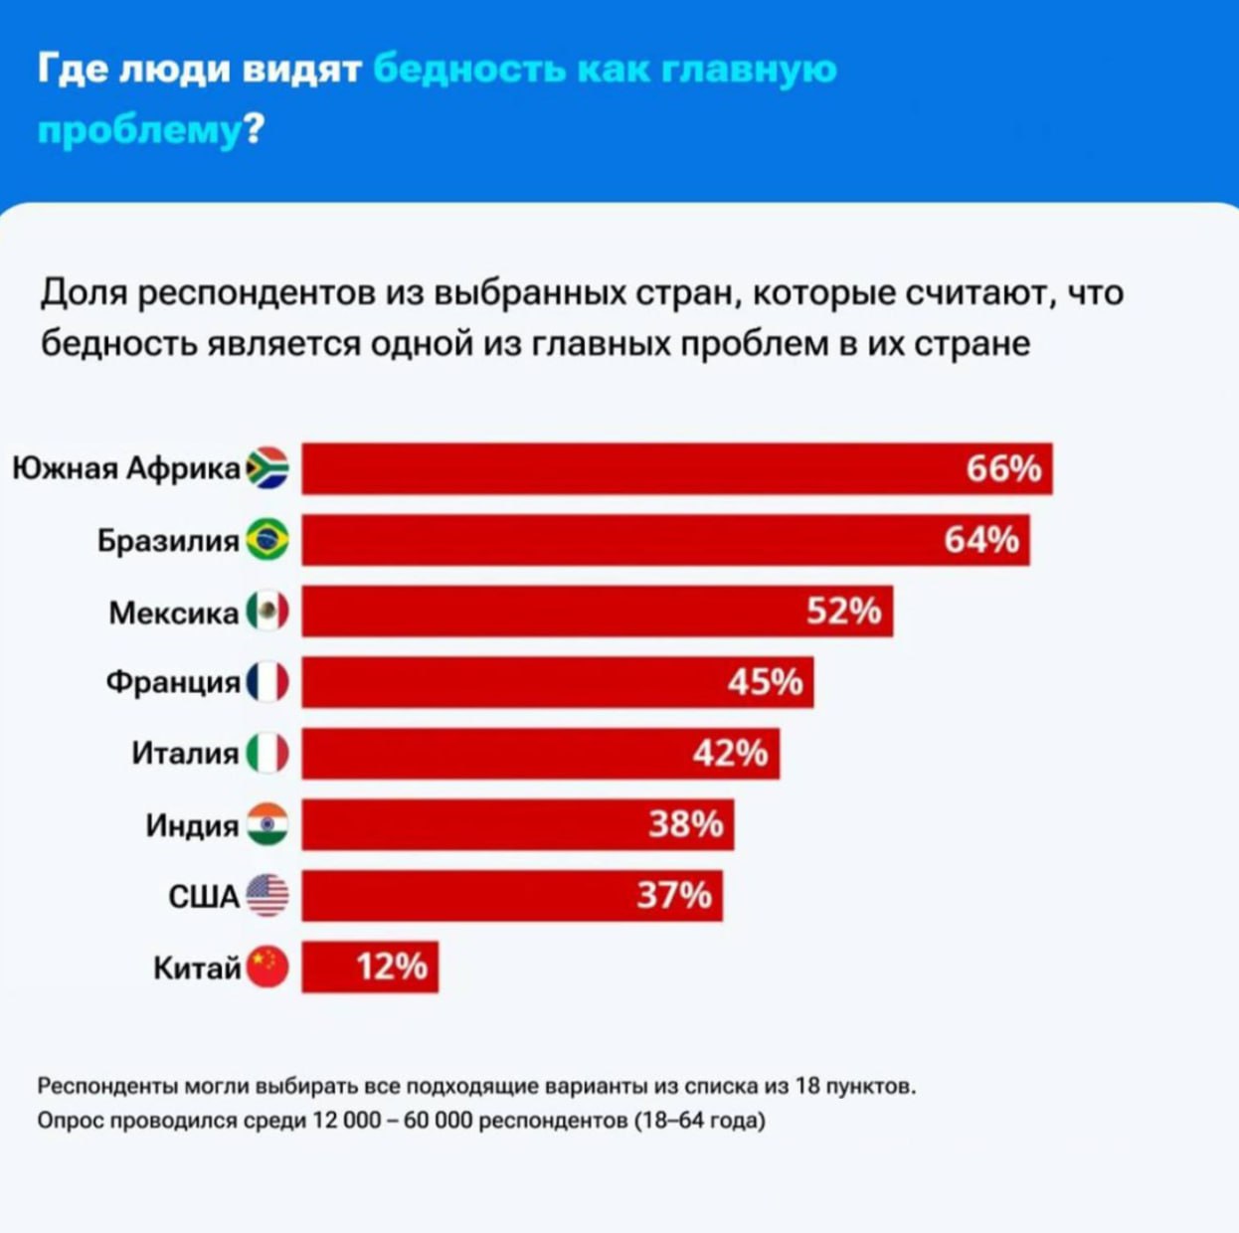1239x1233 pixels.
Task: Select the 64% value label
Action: pos(980,540)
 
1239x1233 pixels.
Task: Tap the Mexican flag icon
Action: pos(266,611)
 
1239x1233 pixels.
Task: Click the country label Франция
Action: pos(173,682)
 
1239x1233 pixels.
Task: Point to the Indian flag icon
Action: pos(266,824)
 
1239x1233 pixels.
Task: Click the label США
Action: pos(204,897)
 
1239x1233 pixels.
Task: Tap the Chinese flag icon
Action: pos(266,967)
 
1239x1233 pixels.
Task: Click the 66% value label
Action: pos(1002,468)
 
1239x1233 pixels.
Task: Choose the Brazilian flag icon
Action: pos(266,540)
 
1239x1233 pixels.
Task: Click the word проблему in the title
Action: pos(139,130)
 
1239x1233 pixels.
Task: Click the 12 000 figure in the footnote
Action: pos(346,1121)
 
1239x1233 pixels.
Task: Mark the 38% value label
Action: pos(685,824)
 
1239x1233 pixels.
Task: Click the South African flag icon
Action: pos(266,468)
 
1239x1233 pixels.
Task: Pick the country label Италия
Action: pos(185,754)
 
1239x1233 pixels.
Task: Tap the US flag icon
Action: pos(266,896)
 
